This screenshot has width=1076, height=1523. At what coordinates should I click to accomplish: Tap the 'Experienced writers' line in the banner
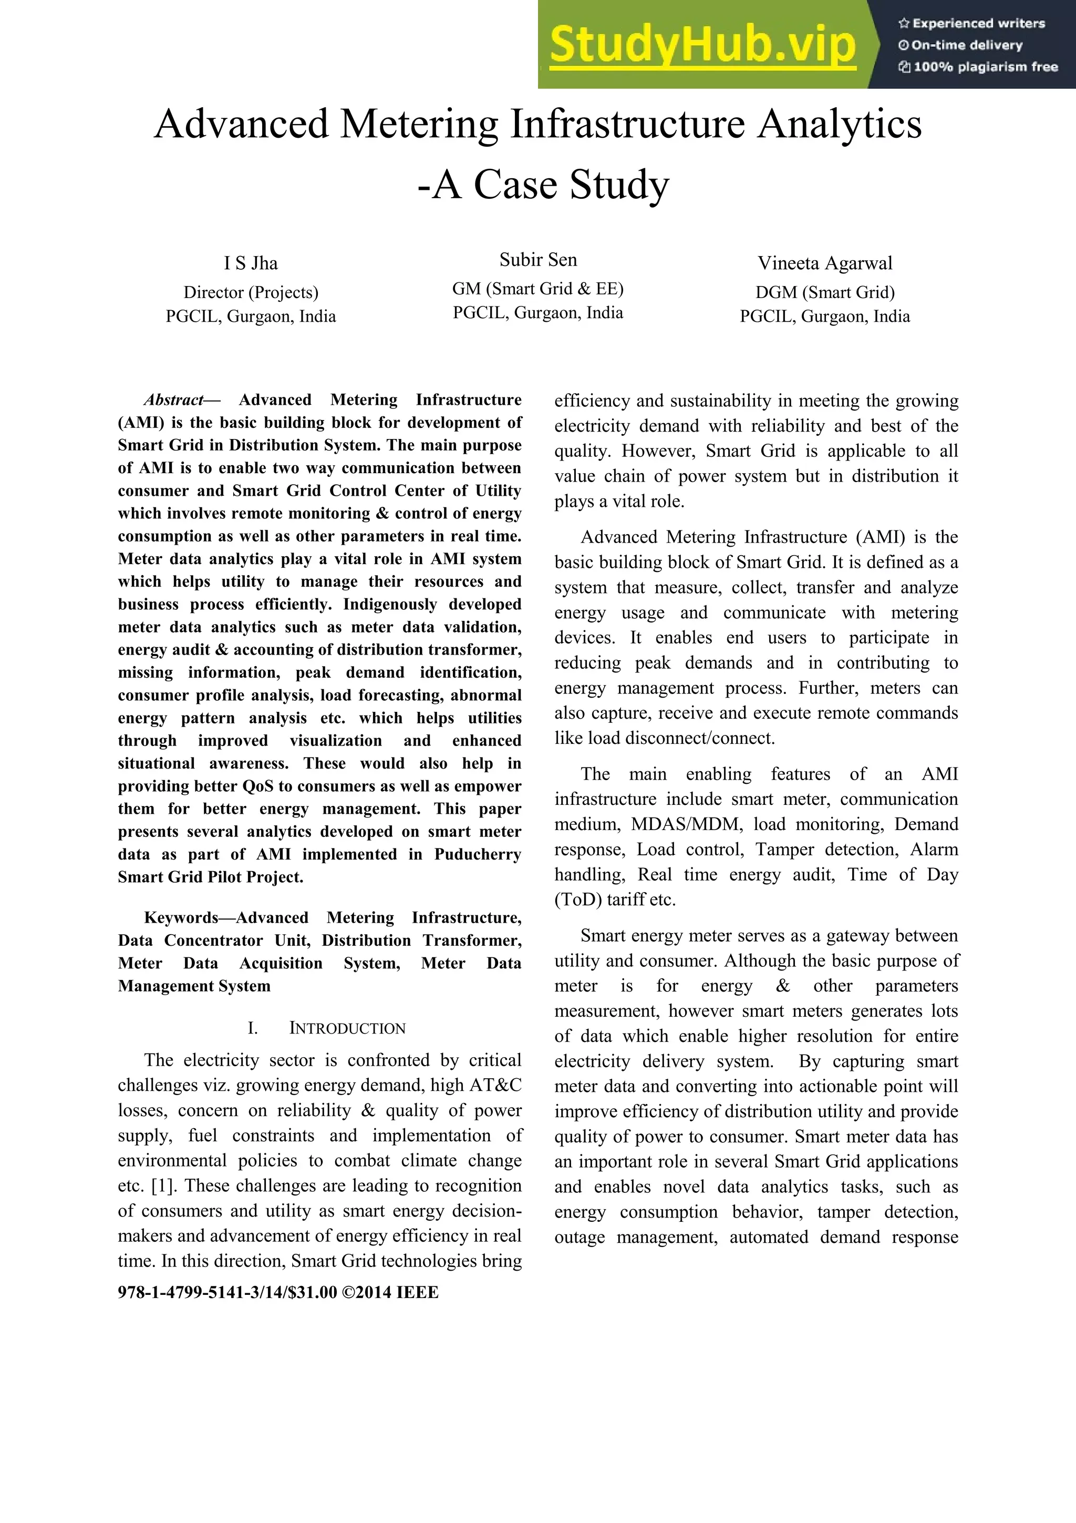click(x=971, y=23)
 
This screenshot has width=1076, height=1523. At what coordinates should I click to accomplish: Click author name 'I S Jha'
click(x=251, y=263)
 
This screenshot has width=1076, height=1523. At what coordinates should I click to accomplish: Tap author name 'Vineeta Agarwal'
click(x=825, y=263)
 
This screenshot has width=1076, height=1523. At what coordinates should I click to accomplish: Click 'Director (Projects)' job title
click(x=251, y=292)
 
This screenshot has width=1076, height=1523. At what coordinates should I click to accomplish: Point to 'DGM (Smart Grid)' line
click(x=825, y=292)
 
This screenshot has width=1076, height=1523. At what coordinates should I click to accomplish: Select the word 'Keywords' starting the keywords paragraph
click(x=180, y=917)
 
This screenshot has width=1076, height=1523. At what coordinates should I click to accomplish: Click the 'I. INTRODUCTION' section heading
click(x=326, y=1028)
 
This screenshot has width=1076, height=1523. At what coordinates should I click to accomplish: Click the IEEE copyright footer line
click(x=278, y=1292)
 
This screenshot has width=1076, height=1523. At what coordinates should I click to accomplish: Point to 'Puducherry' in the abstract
click(x=478, y=854)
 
